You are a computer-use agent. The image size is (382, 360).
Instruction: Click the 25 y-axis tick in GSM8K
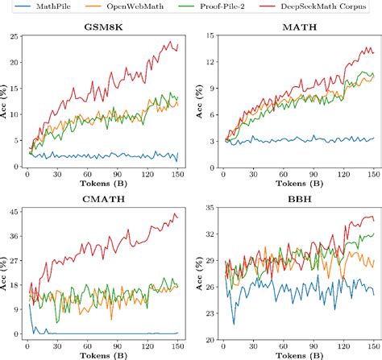[15, 35]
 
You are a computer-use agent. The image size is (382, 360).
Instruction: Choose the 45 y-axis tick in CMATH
[15, 212]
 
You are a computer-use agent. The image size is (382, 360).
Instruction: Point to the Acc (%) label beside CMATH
[5, 274]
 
